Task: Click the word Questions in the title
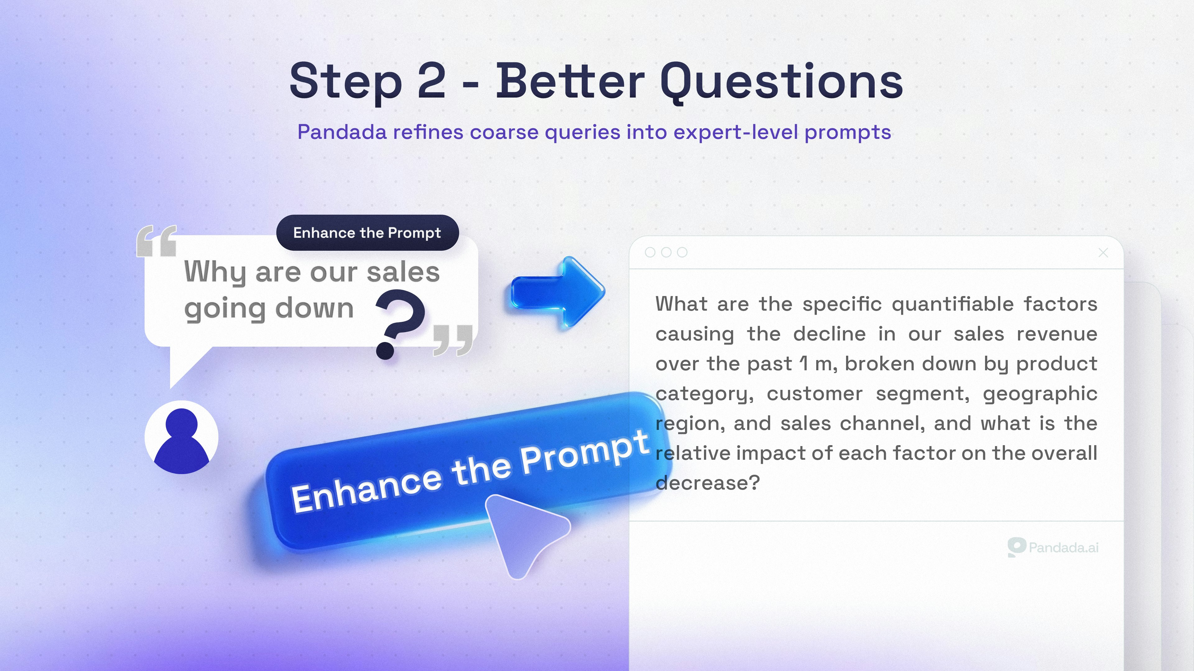(781, 83)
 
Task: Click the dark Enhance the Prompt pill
(367, 232)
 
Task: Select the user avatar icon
(181, 437)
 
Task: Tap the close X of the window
(1103, 252)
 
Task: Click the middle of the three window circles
(666, 252)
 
